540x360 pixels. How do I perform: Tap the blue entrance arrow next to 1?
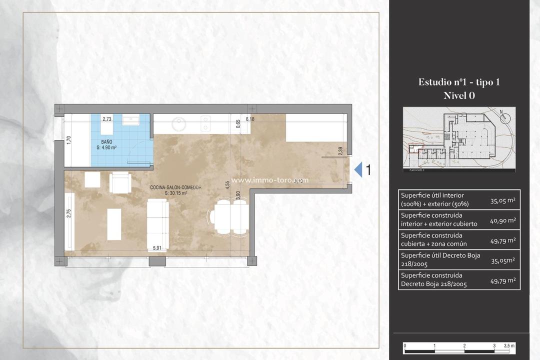tap(358, 170)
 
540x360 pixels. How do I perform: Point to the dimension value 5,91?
tap(157, 247)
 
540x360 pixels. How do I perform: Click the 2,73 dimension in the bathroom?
tap(107, 119)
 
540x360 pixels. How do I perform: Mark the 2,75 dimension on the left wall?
tap(69, 213)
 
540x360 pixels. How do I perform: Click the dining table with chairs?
tap(228, 216)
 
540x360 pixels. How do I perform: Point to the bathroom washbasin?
tap(133, 120)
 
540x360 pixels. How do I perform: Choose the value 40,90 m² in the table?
tap(502, 220)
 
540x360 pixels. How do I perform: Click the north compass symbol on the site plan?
tap(505, 118)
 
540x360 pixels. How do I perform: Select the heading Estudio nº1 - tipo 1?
tap(458, 82)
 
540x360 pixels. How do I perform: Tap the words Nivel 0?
tap(458, 96)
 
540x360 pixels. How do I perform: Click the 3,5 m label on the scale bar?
tap(509, 345)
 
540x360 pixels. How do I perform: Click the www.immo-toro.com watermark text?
tap(270, 180)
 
